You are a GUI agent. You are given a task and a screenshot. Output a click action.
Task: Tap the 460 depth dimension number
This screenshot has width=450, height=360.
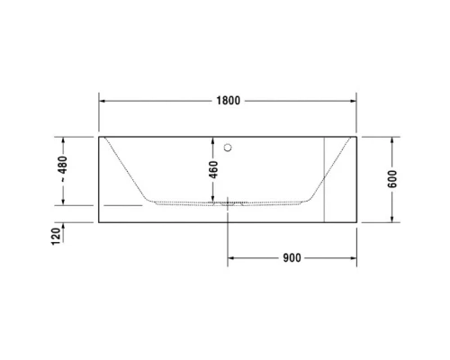213,170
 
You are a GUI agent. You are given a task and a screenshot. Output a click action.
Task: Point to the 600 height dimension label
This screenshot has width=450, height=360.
392,178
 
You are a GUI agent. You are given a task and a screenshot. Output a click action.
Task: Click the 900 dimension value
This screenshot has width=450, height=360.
291,258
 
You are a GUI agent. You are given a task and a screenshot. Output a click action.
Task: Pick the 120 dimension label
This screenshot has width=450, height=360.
55,236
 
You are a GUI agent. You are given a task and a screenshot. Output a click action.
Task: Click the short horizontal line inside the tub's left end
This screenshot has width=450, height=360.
122,204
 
